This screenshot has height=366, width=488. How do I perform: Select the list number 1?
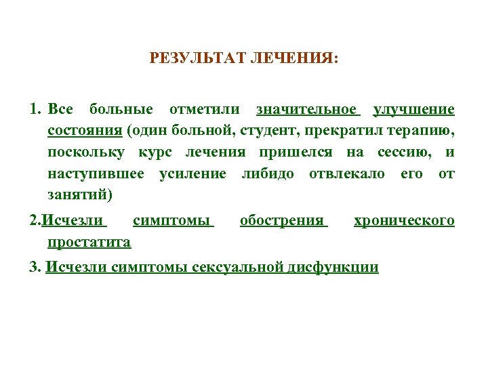pos(34,110)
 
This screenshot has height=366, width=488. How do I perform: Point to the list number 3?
pos(34,267)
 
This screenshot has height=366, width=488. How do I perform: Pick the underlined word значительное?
pos(306,110)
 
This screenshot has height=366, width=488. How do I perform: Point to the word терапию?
pos(424,131)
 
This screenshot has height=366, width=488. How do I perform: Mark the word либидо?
pos(268,174)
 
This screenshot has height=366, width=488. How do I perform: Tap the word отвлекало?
pos(346,174)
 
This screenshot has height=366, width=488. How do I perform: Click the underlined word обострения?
pos(283,221)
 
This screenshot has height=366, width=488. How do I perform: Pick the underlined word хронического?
pos(404,221)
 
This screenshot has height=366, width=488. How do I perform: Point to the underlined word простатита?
pos(89,242)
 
